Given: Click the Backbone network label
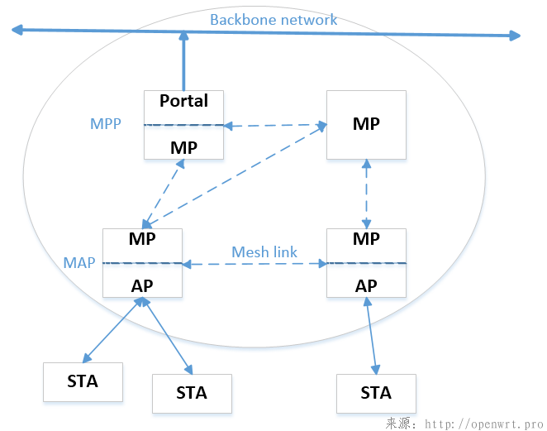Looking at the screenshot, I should [273, 20].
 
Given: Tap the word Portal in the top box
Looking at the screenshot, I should [183, 101].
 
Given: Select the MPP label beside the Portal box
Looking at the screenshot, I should [105, 124].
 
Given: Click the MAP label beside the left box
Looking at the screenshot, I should [78, 263].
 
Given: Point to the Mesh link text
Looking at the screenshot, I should [264, 251].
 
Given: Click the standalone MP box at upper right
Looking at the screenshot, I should [366, 124].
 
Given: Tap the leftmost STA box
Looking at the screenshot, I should [83, 381].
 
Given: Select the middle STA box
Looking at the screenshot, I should [192, 393].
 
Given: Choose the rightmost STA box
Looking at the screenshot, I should [376, 393].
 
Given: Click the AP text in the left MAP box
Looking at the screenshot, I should [142, 285].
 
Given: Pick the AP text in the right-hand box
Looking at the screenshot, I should [366, 285].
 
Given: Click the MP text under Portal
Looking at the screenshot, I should [183, 147].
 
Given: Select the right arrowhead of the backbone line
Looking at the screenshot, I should [515, 36].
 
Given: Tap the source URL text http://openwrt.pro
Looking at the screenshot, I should [484, 424].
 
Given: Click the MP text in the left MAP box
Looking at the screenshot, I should [142, 239].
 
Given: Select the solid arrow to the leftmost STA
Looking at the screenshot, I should [111, 331].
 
